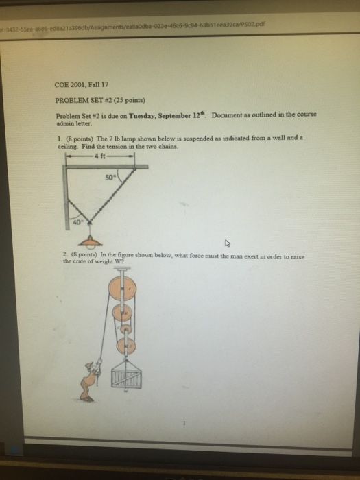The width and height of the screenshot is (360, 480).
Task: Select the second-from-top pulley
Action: (x=125, y=315)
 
